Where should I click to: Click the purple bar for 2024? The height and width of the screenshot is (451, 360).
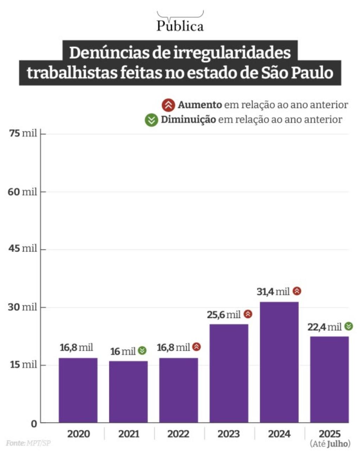pos(279,362)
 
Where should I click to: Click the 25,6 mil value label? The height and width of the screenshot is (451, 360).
pos(224,315)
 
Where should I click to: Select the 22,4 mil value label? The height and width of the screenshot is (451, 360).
pos(324,327)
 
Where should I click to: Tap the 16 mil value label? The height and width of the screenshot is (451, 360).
pos(123,351)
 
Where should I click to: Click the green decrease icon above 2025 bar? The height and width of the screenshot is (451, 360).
pos(348,326)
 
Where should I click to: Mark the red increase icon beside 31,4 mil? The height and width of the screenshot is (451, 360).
pos(297,291)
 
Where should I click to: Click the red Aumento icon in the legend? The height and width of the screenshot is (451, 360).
pos(168,105)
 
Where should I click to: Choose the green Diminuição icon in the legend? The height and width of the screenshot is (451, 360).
pos(152,120)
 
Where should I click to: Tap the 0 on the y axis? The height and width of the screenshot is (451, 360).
pos(34,424)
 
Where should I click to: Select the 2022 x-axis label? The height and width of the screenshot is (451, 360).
pos(178,434)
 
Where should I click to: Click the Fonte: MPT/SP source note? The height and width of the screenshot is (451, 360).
pos(28,443)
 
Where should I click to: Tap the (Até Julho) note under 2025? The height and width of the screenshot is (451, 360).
pos(330,444)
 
